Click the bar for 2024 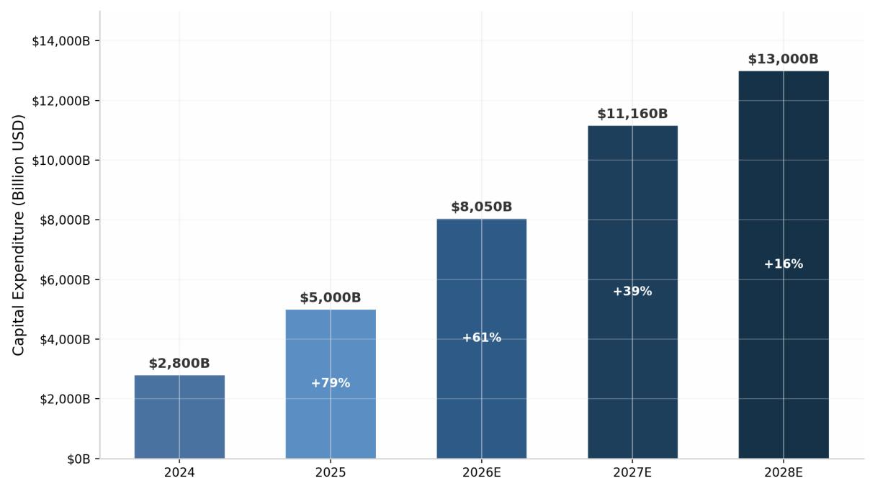point(179,417)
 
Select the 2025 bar point(331,384)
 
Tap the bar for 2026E point(482,338)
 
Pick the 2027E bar point(632,292)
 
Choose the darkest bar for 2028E point(784,265)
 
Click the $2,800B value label point(179,364)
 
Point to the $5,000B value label point(331,298)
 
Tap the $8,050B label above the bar point(482,207)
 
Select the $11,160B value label point(632,114)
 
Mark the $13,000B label point(784,59)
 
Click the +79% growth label point(331,383)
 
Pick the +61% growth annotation point(482,338)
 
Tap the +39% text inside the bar point(632,291)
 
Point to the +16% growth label point(784,264)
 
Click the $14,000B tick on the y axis point(61,41)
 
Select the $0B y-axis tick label point(79,459)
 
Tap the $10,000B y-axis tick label point(61,161)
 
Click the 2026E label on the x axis point(482,473)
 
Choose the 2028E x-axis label point(784,473)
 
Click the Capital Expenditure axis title point(18,235)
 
